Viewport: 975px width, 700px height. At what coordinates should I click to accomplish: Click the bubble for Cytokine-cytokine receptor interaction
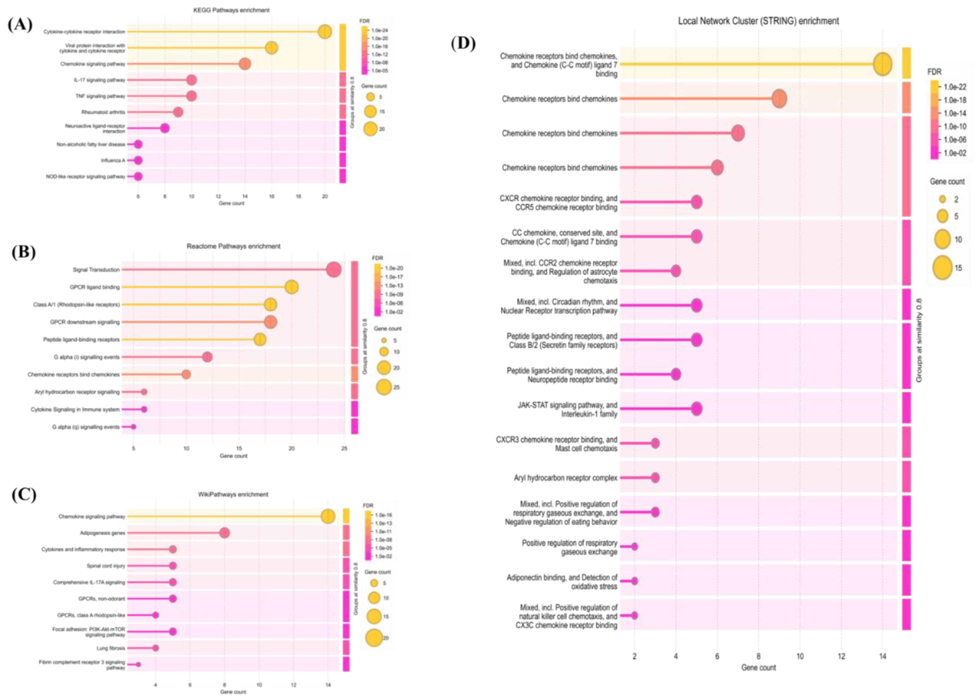pos(325,32)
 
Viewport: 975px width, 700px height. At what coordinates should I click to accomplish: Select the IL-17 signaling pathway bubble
pos(192,80)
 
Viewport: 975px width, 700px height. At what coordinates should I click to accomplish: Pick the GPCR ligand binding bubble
pos(291,287)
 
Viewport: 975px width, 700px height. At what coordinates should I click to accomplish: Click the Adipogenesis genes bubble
pos(224,533)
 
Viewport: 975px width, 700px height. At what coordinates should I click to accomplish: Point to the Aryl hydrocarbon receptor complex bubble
pos(655,478)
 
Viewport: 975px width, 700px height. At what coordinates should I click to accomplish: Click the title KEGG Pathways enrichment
pos(231,10)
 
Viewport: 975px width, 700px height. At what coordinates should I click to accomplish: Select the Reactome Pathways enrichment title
pos(233,246)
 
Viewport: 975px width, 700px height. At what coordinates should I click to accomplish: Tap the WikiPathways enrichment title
pos(233,495)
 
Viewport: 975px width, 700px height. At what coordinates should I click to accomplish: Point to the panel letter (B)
pos(24,252)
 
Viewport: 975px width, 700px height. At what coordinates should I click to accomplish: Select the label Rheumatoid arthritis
pos(103,112)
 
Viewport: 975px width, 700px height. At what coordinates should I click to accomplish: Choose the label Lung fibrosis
pos(111,648)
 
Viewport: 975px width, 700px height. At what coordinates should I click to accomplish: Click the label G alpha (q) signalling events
pos(86,427)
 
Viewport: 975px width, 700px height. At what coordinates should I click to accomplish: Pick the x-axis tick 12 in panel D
pos(841,656)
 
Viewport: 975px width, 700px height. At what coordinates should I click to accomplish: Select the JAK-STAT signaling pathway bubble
pos(697,409)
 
